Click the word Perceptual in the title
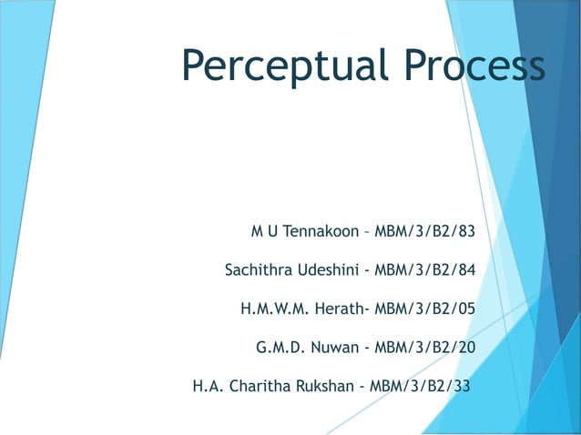(x=276, y=66)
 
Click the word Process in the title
(x=464, y=65)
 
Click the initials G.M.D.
(x=281, y=347)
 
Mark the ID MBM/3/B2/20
(x=425, y=347)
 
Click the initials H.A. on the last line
(x=209, y=385)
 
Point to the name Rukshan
(x=324, y=385)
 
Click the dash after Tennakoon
(x=367, y=232)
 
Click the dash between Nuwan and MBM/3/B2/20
(x=366, y=348)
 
